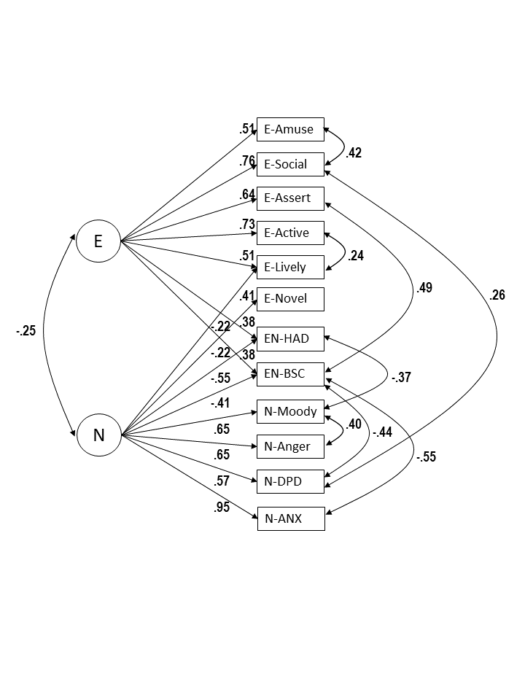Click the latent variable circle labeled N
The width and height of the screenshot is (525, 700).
point(98,435)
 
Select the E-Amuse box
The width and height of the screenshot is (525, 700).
point(290,129)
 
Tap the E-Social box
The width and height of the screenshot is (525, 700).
point(290,164)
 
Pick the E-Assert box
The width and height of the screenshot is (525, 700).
point(290,198)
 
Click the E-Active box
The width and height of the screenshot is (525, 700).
point(290,233)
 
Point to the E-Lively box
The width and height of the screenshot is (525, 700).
point(290,267)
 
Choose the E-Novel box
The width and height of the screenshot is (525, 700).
point(290,298)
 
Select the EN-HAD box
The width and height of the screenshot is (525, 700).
point(290,338)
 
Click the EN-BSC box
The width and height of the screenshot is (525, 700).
point(290,373)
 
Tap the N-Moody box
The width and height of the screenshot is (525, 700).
point(290,411)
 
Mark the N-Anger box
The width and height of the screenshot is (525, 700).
point(290,446)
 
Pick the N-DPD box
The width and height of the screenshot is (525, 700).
point(290,481)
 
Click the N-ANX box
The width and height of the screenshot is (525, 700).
point(290,519)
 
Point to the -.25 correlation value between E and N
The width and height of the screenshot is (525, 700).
point(26,331)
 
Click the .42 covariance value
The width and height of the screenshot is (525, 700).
point(353,153)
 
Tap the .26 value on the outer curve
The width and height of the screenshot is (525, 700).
point(497,295)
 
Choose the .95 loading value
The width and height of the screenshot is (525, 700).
point(222,507)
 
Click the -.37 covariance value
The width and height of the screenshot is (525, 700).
point(402,378)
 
